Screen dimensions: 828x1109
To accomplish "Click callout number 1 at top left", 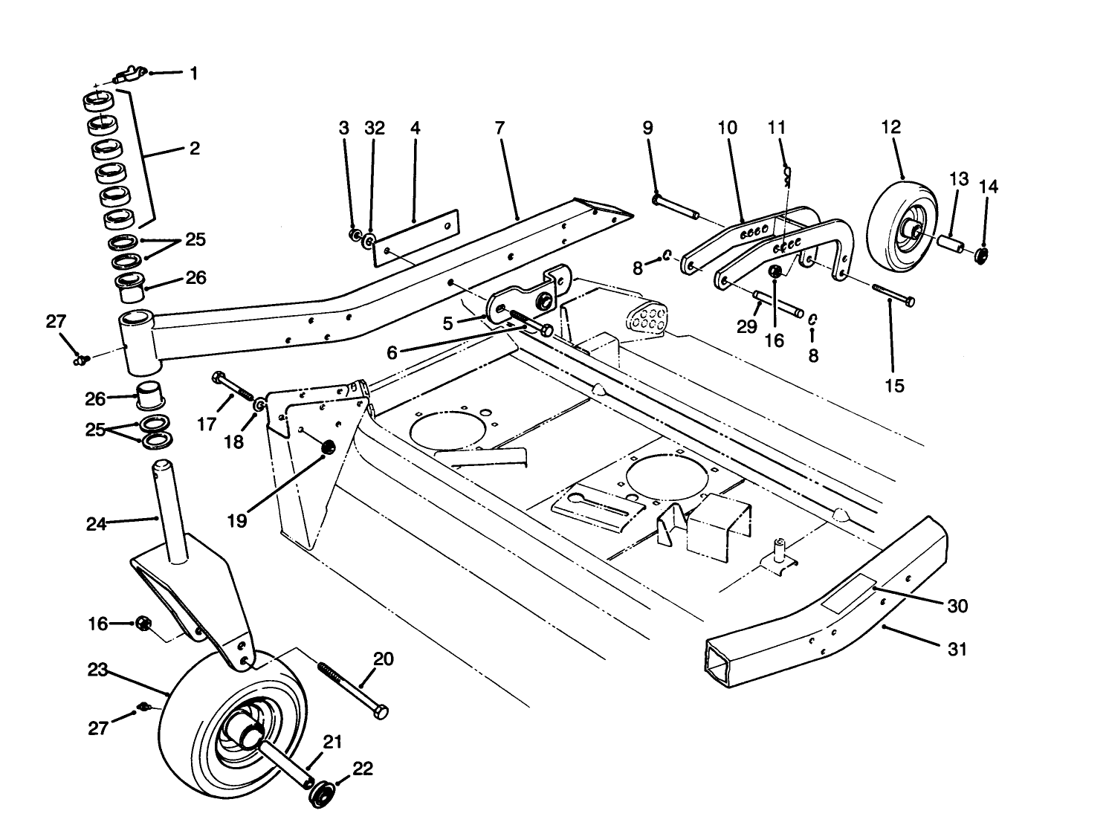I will [194, 74].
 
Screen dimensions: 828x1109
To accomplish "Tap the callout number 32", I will [375, 128].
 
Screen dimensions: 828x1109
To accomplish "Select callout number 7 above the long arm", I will [499, 128].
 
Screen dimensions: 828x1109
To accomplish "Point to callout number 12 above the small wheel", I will [890, 127].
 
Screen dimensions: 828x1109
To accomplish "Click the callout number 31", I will [958, 649].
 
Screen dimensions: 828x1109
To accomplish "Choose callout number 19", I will [237, 521].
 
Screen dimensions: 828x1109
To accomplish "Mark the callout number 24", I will [96, 524].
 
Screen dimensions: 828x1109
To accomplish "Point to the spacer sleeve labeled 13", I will [952, 244].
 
